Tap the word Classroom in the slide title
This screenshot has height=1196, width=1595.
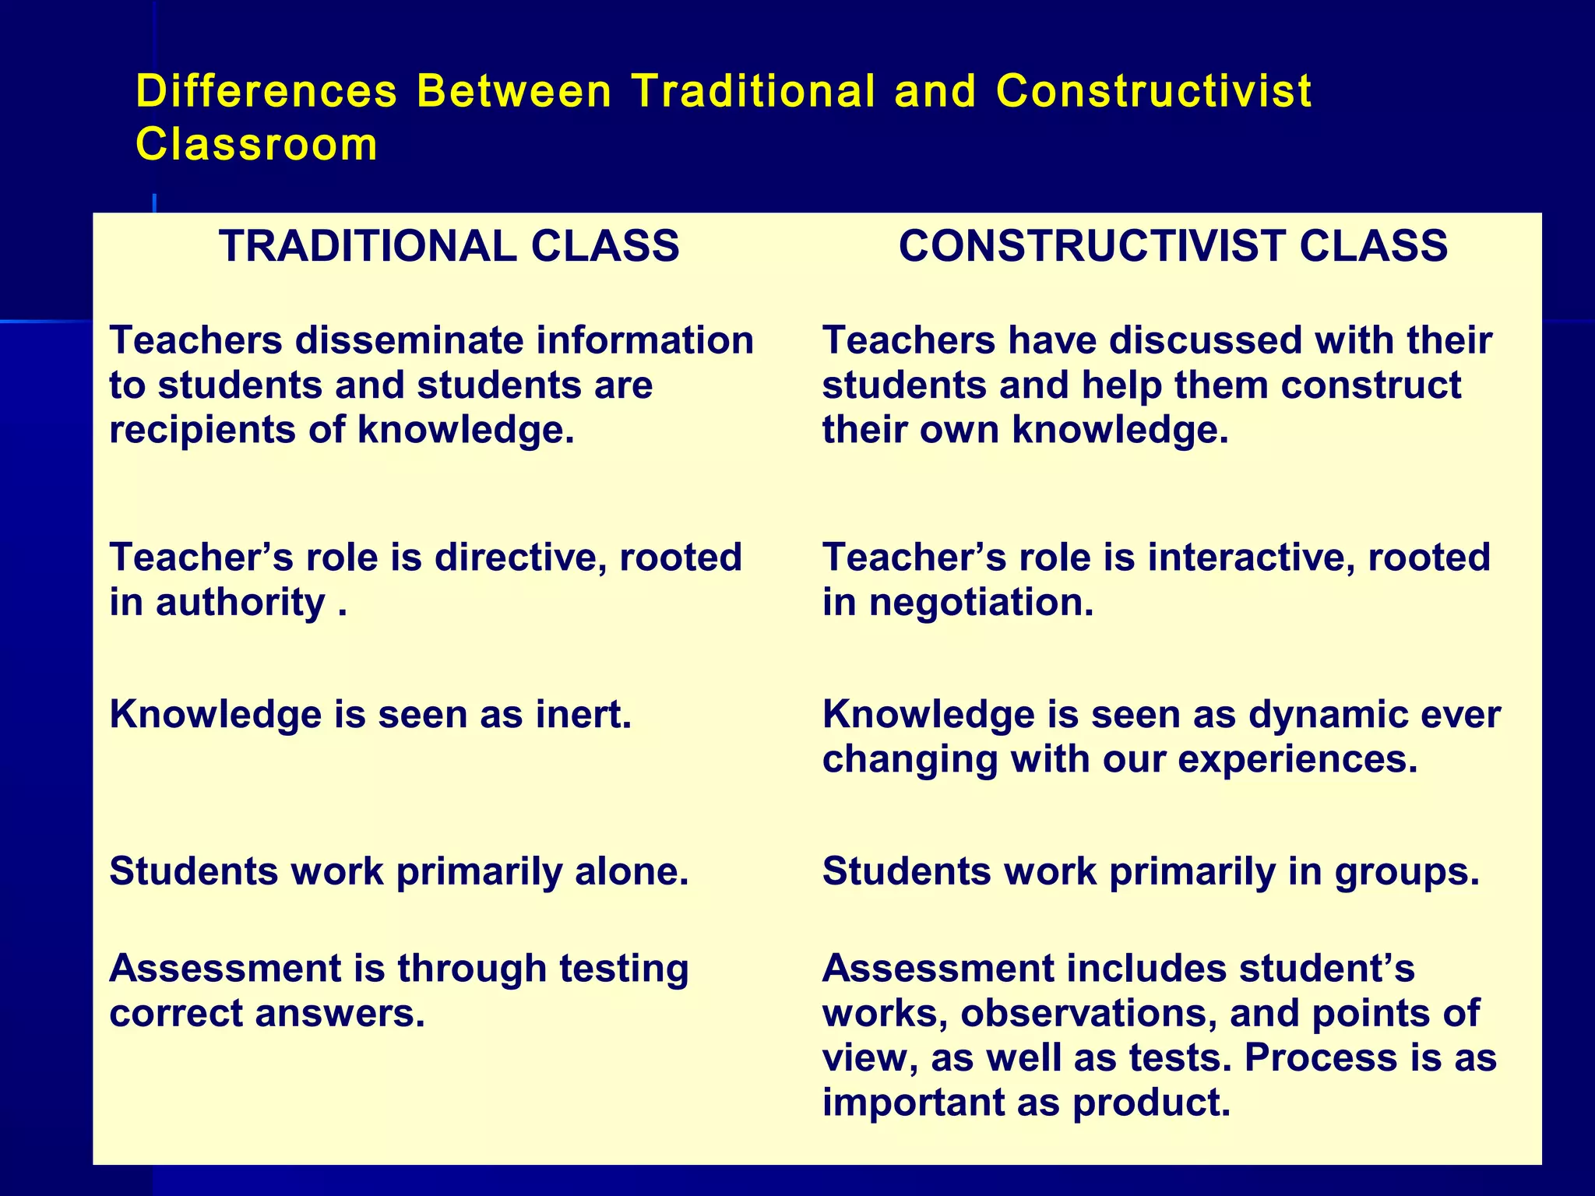coord(256,145)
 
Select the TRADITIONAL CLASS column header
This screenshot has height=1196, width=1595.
coord(449,246)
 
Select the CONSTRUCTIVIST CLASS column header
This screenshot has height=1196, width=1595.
coord(1173,246)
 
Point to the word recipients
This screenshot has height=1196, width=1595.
coord(202,431)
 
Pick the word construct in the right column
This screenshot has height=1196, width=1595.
coord(1371,385)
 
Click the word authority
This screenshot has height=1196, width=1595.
coord(240,603)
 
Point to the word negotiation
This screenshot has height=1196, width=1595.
coord(981,603)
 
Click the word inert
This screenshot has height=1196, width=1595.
coord(583,715)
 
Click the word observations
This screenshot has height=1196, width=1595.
coord(1088,1014)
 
